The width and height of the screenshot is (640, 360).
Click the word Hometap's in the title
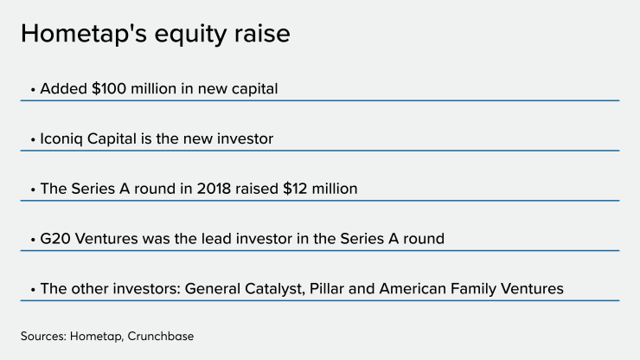pyautogui.click(x=84, y=33)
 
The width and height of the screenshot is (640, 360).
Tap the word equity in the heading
pyautogui.click(x=190, y=35)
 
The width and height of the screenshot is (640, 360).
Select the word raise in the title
pyautogui.click(x=262, y=33)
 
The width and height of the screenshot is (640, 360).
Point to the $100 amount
pyautogui.click(x=109, y=88)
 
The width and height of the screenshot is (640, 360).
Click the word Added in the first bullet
pyautogui.click(x=63, y=88)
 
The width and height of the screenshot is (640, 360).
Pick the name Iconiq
pyautogui.click(x=61, y=139)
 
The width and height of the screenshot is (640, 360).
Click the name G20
pyautogui.click(x=55, y=239)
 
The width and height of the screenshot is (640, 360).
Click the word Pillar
pyautogui.click(x=327, y=288)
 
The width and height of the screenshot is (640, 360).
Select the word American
pyautogui.click(x=413, y=288)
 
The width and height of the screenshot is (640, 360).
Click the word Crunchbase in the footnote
pyautogui.click(x=160, y=336)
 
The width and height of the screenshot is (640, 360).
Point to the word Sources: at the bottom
pyautogui.click(x=43, y=336)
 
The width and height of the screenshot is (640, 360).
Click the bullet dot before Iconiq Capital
pyautogui.click(x=33, y=139)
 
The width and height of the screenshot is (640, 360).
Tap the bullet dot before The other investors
pyautogui.click(x=33, y=290)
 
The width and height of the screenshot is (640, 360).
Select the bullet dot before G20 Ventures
pyautogui.click(x=33, y=240)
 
